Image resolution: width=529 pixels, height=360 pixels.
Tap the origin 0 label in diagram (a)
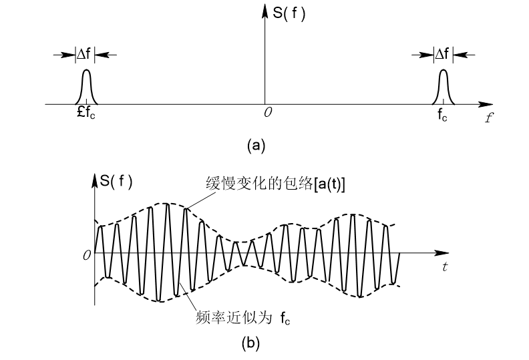267,114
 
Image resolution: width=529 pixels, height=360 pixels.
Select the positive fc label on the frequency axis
442,116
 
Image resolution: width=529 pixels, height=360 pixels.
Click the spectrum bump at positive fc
443,87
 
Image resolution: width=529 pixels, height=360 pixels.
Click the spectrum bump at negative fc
85,87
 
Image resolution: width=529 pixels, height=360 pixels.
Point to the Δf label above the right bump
442,54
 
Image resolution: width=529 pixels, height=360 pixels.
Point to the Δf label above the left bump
85,54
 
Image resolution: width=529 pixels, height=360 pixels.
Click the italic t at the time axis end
445,268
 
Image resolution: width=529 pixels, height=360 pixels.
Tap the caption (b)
251,345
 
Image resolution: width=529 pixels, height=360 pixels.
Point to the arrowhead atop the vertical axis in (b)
94,176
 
